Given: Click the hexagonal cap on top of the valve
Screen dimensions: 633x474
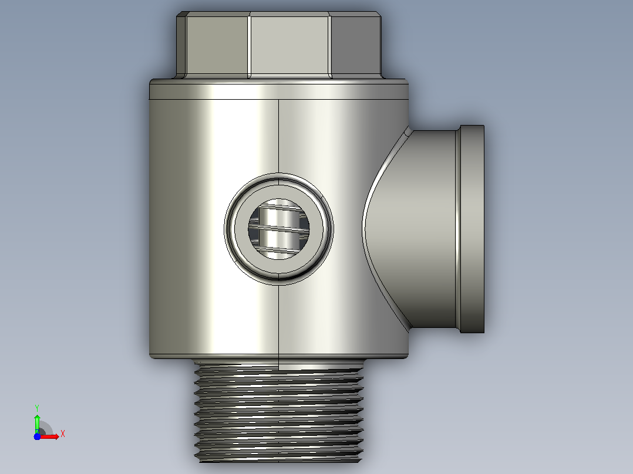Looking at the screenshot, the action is tap(278, 45).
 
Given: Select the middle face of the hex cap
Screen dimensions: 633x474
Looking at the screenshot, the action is tap(289, 45).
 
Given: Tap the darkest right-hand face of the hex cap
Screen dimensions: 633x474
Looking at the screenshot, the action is tap(355, 45).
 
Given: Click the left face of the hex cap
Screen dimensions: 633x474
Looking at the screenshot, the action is tap(217, 45).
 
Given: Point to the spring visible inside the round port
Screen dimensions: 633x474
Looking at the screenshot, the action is tap(278, 229).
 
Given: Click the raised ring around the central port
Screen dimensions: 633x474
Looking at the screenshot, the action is tap(278, 176).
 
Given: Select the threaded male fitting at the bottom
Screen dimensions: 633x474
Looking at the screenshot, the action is tap(278, 411).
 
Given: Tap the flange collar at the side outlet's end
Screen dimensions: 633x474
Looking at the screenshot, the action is tap(472, 229).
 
